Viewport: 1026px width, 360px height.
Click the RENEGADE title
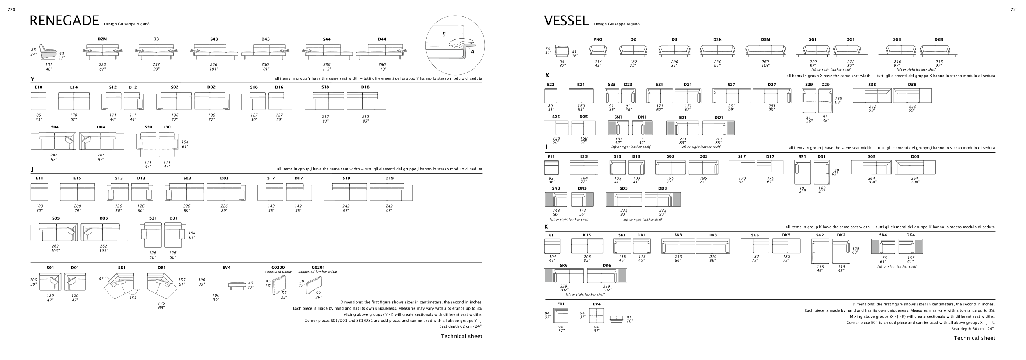pyautogui.click(x=64, y=21)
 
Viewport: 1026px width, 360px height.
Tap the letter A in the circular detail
pyautogui.click(x=472, y=52)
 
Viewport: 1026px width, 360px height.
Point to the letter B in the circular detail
pyautogui.click(x=444, y=34)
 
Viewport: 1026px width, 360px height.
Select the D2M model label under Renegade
pyautogui.click(x=102, y=39)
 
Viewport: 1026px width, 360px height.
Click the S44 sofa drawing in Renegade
pyautogui.click(x=327, y=51)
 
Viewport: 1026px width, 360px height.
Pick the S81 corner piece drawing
pyautogui.click(x=122, y=285)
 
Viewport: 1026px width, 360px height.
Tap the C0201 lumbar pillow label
pyautogui.click(x=318, y=268)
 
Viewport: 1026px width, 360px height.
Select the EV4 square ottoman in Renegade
pyautogui.click(x=216, y=282)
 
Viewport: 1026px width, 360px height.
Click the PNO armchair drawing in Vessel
pyautogui.click(x=598, y=50)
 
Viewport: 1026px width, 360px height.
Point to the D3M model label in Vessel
pyautogui.click(x=765, y=39)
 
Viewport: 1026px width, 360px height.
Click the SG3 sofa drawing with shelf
pyautogui.click(x=897, y=51)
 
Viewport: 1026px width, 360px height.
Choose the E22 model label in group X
pyautogui.click(x=551, y=85)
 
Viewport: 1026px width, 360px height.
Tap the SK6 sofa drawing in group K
pyautogui.click(x=564, y=276)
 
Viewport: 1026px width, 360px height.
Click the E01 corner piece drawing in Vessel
pyautogui.click(x=560, y=316)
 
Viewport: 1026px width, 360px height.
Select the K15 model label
pyautogui.click(x=587, y=235)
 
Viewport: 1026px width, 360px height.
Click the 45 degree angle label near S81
pyautogui.click(x=101, y=279)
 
